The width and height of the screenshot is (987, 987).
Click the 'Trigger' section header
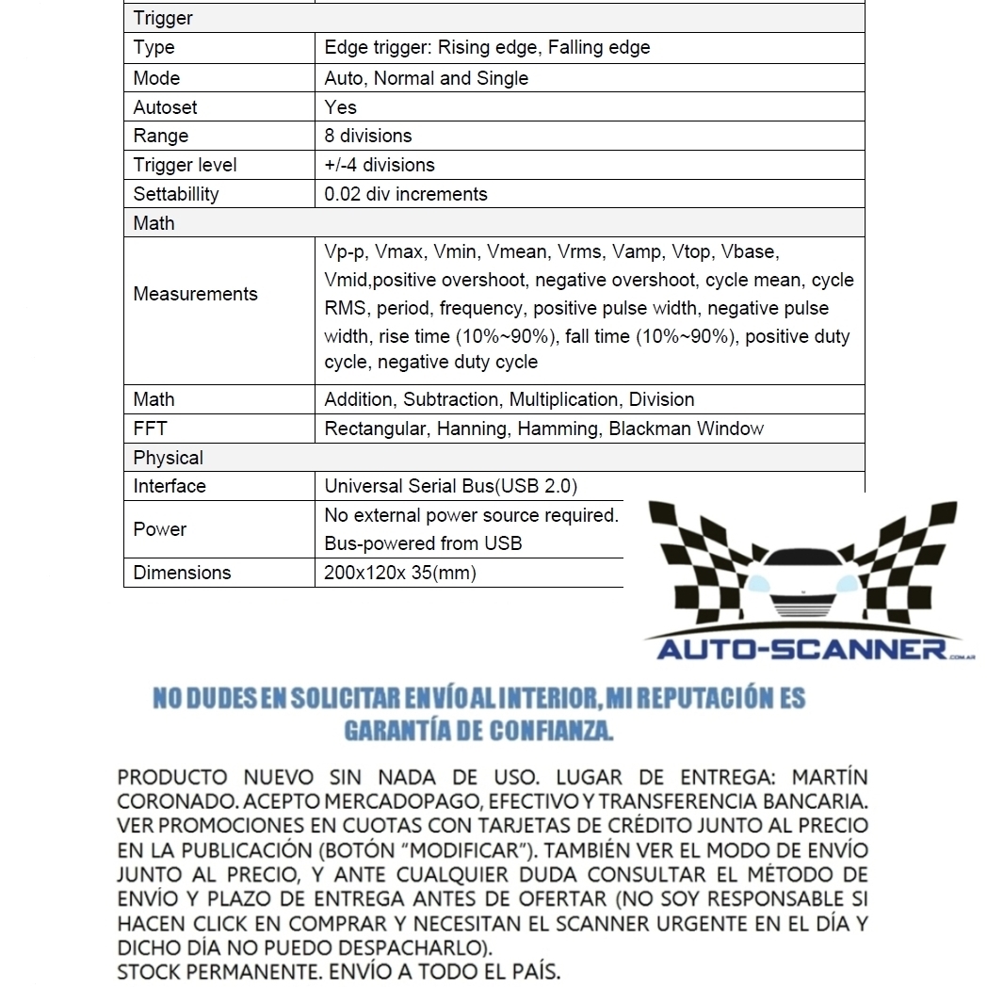tap(163, 18)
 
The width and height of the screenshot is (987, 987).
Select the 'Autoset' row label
tap(166, 107)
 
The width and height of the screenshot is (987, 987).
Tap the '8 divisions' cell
tap(368, 136)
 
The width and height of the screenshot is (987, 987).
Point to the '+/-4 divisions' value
tap(380, 165)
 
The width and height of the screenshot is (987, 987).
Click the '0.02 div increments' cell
tap(406, 194)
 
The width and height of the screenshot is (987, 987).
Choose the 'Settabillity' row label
tap(176, 194)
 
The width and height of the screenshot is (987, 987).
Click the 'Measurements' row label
tap(195, 294)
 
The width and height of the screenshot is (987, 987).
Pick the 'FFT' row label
tap(151, 429)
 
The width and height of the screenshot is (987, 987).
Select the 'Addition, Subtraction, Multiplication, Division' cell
tap(510, 399)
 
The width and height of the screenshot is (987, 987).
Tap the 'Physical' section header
tap(169, 458)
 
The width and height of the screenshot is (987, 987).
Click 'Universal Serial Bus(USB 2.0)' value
tap(451, 486)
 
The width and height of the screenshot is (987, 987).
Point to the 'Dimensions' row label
tap(182, 573)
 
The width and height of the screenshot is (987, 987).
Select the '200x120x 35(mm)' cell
tap(400, 573)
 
